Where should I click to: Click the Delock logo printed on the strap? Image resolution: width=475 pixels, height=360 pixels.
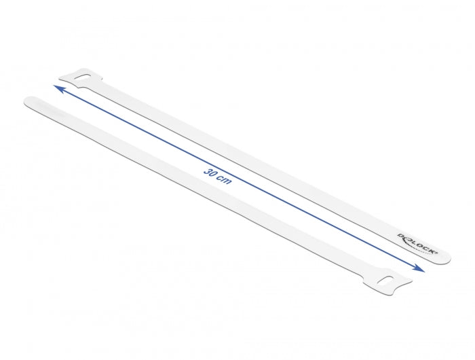pyautogui.click(x=413, y=242)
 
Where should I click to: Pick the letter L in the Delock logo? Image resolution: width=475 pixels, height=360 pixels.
pyautogui.click(x=411, y=240)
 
